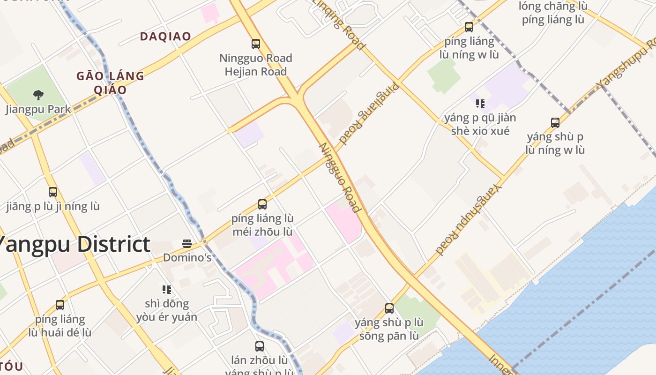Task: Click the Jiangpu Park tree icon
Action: click(x=38, y=95)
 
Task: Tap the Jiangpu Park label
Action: click(x=38, y=109)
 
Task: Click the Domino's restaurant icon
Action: click(x=187, y=244)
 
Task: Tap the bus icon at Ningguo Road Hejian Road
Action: click(x=256, y=44)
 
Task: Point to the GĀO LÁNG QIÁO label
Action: click(x=110, y=82)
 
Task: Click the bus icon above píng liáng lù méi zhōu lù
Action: click(x=262, y=204)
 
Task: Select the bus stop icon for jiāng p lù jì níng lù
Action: click(x=53, y=192)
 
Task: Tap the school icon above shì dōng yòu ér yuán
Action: click(x=166, y=290)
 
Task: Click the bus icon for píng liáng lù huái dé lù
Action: click(x=60, y=305)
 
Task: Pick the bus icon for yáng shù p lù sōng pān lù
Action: click(x=389, y=308)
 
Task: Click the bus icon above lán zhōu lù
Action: click(x=260, y=346)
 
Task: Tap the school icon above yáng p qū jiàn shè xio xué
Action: click(x=480, y=103)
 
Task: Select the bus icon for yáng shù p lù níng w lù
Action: click(x=555, y=123)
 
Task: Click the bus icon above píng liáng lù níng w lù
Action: click(x=469, y=27)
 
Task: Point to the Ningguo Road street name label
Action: click(x=339, y=177)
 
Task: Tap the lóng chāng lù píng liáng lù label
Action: click(x=553, y=13)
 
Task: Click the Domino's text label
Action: click(x=187, y=257)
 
